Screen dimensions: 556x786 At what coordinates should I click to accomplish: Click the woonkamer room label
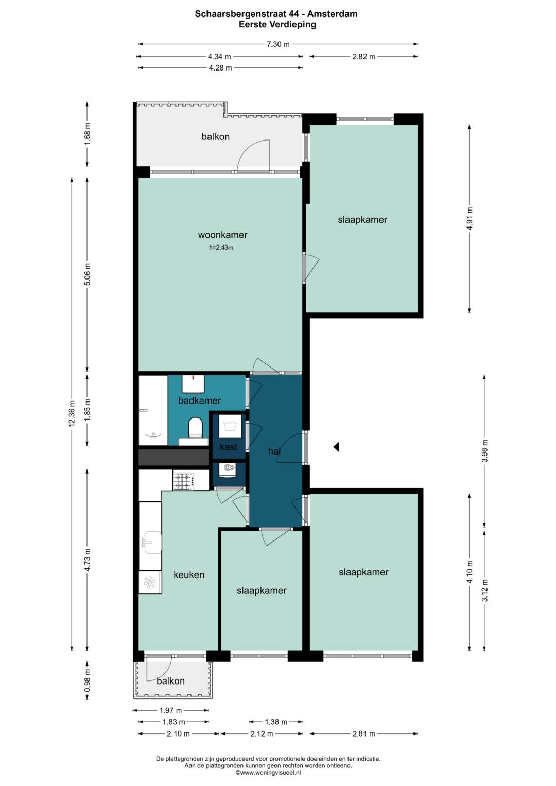[x=222, y=235]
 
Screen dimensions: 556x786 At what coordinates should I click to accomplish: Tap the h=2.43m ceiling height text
[x=221, y=248]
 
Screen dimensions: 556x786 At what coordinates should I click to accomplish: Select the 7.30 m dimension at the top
[x=278, y=44]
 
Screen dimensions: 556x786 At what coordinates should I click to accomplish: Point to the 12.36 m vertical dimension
[x=72, y=413]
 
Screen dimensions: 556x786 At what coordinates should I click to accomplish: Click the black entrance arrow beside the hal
[x=336, y=447]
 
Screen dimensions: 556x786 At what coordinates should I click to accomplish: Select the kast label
[x=229, y=447]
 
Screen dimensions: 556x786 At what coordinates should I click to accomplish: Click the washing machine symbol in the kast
[x=230, y=426]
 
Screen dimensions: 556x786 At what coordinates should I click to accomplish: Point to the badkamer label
[x=199, y=400]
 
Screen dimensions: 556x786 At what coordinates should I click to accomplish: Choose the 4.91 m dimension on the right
[x=470, y=218]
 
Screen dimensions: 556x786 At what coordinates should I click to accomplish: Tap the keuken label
[x=189, y=575]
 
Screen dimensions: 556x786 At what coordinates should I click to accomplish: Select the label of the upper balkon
[x=215, y=136]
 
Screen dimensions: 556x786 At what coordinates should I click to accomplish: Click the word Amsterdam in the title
[x=337, y=14]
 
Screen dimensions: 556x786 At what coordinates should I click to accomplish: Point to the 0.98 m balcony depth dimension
[x=87, y=680]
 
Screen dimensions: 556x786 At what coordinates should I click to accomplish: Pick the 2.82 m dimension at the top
[x=363, y=56]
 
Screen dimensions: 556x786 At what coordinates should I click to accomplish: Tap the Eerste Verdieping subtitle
[x=277, y=25]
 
